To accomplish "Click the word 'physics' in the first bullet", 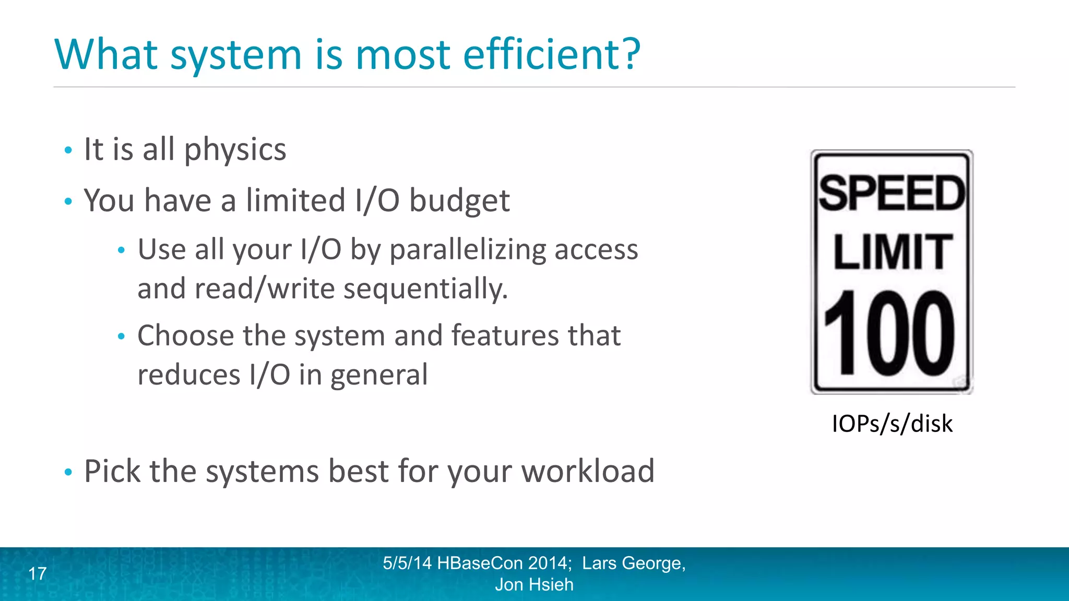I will (x=235, y=150).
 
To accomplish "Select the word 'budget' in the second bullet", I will (x=459, y=201).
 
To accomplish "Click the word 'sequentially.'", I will (x=425, y=290).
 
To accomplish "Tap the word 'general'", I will (x=379, y=376).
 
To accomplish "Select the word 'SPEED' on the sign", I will (x=892, y=194).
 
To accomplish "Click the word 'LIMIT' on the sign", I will (x=892, y=252).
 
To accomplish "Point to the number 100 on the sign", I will (x=889, y=333).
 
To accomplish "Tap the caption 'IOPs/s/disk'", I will (x=892, y=424).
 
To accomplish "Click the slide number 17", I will (x=38, y=574).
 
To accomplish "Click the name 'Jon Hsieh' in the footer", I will (x=534, y=585).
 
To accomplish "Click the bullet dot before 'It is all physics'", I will (x=68, y=151).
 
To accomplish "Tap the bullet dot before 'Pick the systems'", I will (x=68, y=472).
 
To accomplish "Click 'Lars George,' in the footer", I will (x=633, y=563).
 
